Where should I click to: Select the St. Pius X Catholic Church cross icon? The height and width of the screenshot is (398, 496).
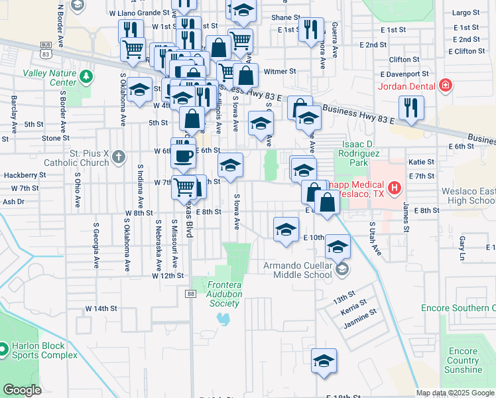tap(118, 157)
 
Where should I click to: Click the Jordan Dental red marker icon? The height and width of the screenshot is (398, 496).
tap(446, 86)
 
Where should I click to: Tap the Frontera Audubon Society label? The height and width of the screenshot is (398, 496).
tap(215, 293)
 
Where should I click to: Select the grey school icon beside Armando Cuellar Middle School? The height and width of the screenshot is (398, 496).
tap(341, 269)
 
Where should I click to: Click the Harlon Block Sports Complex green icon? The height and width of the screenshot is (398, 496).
tap(2, 348)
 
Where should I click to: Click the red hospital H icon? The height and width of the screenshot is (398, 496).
tap(395, 188)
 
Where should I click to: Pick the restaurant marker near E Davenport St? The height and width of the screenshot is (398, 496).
tap(411, 108)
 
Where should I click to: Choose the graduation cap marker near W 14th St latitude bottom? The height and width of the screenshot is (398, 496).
tap(324, 361)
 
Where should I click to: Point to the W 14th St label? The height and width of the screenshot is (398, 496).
tap(101, 309)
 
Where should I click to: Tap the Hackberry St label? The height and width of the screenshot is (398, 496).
tap(24, 175)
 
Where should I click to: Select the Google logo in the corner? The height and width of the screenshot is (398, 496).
tap(22, 390)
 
